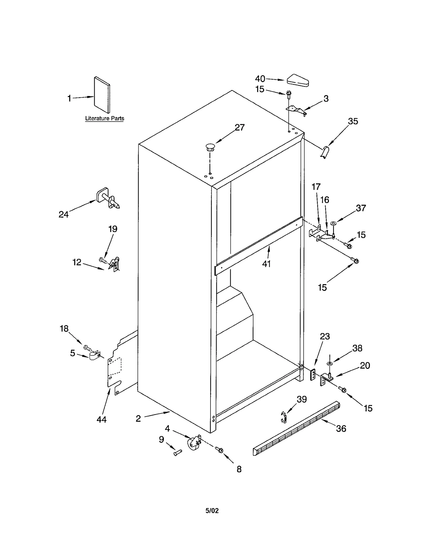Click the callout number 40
click(x=260, y=79)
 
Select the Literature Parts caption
click(x=104, y=118)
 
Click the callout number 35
click(x=353, y=121)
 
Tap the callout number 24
click(x=63, y=214)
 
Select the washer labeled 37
click(x=334, y=223)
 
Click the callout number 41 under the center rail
click(x=266, y=264)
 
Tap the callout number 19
click(x=113, y=229)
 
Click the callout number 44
click(x=101, y=419)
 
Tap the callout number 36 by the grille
click(x=341, y=429)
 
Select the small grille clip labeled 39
click(x=283, y=417)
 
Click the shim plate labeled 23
click(x=313, y=375)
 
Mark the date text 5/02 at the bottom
click(x=212, y=511)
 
